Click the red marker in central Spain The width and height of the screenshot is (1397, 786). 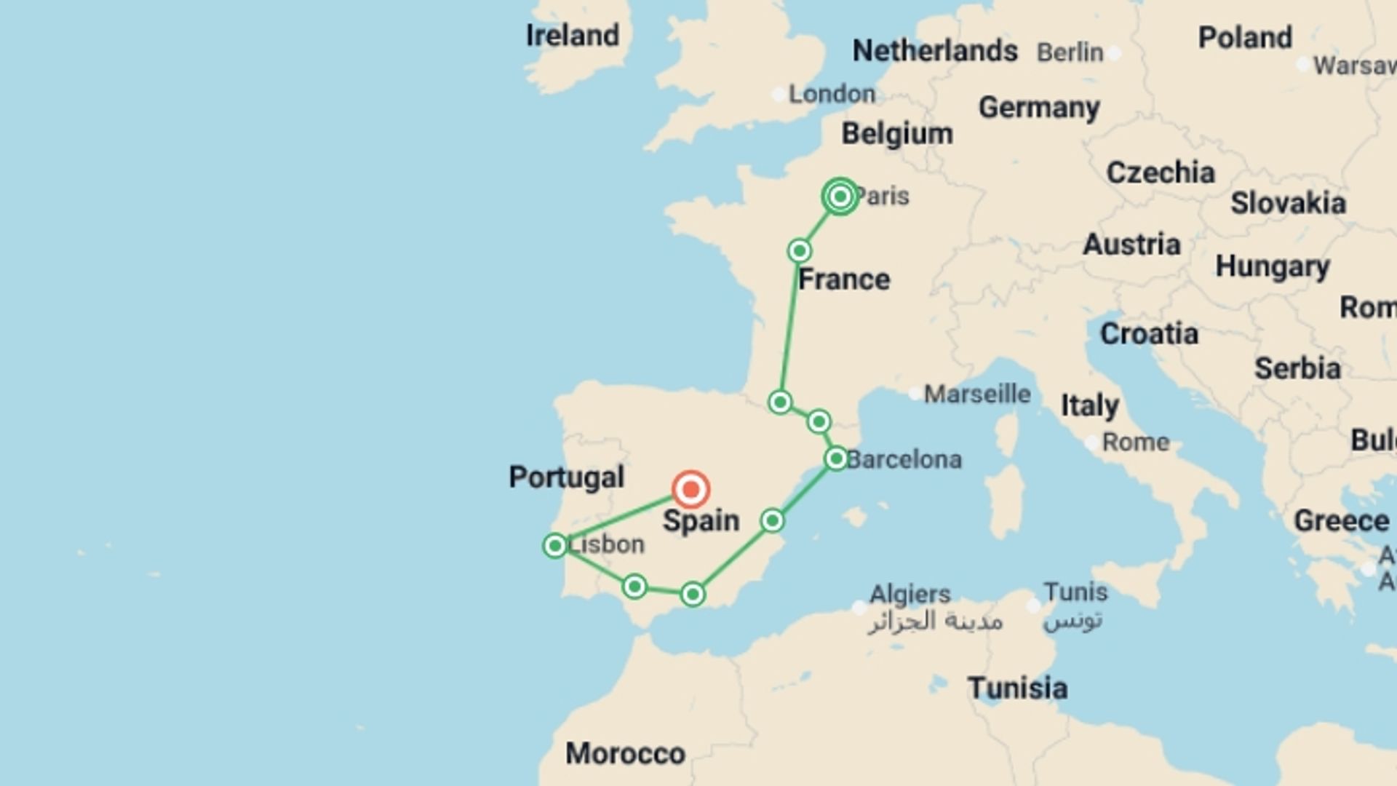click(690, 489)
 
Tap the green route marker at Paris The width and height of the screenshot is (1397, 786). click(840, 196)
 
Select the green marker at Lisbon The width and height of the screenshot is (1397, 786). click(555, 545)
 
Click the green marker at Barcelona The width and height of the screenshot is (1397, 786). click(836, 458)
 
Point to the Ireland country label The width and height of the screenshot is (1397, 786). click(573, 35)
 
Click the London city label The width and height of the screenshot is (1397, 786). click(832, 94)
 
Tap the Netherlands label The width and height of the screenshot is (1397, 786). click(935, 51)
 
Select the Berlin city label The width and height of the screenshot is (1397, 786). click(1070, 52)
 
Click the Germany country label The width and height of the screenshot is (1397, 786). click(1039, 108)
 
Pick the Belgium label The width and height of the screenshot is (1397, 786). click(897, 134)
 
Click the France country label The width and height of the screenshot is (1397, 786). click(844, 279)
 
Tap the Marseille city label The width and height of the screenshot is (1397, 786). click(977, 394)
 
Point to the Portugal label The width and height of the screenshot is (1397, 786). click(566, 477)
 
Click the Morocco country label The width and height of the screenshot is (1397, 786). click(625, 753)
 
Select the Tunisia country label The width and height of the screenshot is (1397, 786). click(1017, 688)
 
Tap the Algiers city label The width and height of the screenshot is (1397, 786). click(910, 594)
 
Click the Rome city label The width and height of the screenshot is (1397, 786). click(1135, 442)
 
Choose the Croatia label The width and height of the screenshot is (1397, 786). click(1149, 334)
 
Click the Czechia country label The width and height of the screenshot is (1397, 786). click(1161, 173)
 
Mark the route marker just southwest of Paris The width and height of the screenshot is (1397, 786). click(799, 251)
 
